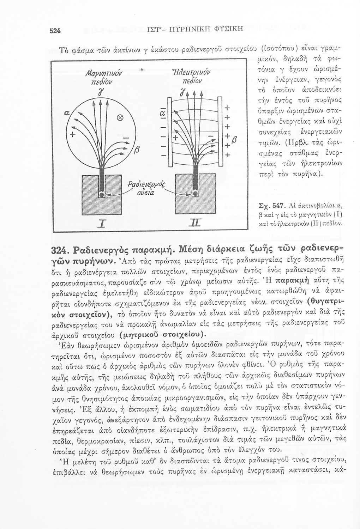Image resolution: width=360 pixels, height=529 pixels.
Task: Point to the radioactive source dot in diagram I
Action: pyautogui.click(x=101, y=195)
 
